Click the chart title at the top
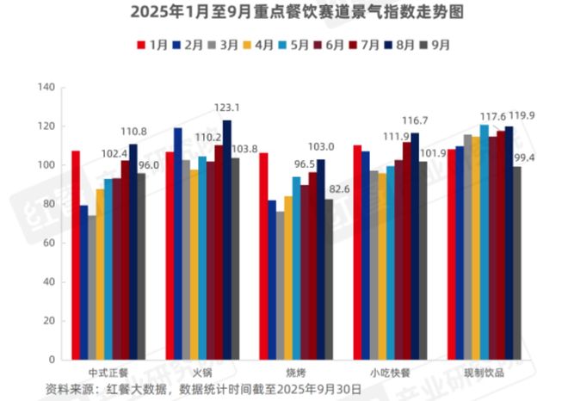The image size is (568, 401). tap(284, 12)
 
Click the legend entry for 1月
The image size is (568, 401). tap(151, 43)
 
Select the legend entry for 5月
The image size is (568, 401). tap(294, 43)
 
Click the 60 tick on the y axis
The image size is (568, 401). tap(48, 243)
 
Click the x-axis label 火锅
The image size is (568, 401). tap(202, 373)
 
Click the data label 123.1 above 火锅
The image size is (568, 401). tap(226, 108)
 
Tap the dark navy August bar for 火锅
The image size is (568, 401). tap(226, 240)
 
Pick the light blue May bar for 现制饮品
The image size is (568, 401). tap(484, 242)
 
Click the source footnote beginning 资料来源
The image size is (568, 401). tap(203, 390)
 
